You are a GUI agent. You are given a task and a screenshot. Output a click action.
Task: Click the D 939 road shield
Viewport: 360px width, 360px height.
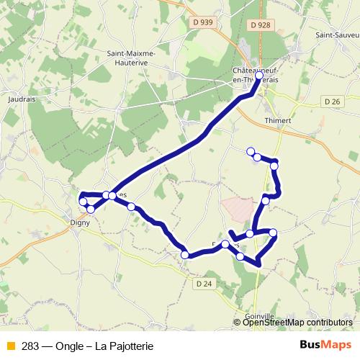coord(205,22)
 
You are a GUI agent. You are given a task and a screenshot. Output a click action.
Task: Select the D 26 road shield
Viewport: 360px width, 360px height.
coord(333,102)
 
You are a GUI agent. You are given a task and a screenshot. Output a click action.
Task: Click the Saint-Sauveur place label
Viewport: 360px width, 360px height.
coord(337,35)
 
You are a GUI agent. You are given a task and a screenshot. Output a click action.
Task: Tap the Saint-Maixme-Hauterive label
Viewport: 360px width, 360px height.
coord(136,57)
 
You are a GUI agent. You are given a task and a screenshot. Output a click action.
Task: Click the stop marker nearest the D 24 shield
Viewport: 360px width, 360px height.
coord(185,254)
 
